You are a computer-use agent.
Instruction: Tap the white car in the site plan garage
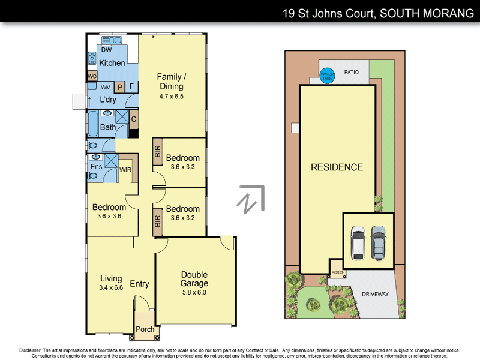[358, 243]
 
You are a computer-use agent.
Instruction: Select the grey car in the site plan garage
[378, 242]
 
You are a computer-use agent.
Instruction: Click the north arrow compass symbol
[251, 200]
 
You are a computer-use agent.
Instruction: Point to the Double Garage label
[194, 279]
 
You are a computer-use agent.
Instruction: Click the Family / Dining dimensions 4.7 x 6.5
[171, 96]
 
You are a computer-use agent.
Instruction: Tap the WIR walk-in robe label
[125, 170]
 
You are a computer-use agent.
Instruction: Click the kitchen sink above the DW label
[112, 40]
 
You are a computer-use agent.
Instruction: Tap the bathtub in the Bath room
[93, 125]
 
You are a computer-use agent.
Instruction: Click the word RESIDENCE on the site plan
[337, 167]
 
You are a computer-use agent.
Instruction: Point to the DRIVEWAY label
[375, 295]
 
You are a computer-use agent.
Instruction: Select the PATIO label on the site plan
[351, 73]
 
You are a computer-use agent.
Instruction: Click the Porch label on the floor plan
[145, 329]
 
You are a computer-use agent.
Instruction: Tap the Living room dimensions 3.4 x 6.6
[110, 287]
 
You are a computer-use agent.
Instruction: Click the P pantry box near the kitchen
[119, 87]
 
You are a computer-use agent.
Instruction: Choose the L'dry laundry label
[108, 100]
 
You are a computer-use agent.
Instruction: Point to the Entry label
[139, 284]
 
